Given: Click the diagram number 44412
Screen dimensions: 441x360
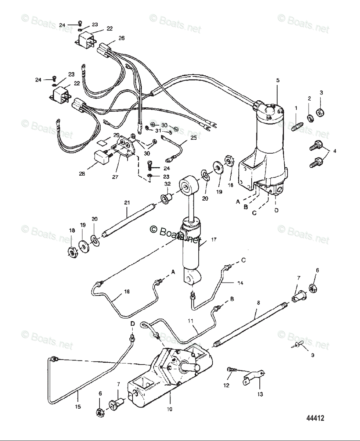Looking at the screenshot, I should pyautogui.click(x=316, y=418).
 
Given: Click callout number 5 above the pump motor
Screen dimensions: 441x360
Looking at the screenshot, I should pyautogui.click(x=278, y=80).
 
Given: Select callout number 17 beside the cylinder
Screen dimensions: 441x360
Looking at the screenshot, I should pyautogui.click(x=213, y=239).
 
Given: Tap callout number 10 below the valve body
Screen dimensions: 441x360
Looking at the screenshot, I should pyautogui.click(x=170, y=409).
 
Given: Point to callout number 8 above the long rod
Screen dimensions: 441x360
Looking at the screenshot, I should pyautogui.click(x=258, y=302).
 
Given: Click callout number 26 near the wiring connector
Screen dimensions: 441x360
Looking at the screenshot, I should pyautogui.click(x=122, y=38).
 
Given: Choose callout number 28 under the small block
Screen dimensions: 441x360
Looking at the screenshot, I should pyautogui.click(x=82, y=173).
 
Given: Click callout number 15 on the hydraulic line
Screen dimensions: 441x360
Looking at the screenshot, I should pyautogui.click(x=78, y=407).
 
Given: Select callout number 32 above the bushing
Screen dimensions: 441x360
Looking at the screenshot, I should pyautogui.click(x=168, y=184).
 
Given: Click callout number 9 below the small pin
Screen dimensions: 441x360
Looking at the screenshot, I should pyautogui.click(x=313, y=355).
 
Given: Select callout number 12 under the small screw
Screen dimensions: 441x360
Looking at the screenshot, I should pyautogui.click(x=226, y=385).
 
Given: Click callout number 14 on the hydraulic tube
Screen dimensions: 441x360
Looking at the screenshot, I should pyautogui.click(x=240, y=283).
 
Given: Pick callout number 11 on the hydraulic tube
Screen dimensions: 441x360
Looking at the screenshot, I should pyautogui.click(x=190, y=320).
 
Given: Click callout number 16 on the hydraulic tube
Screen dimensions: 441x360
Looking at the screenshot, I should pyautogui.click(x=127, y=291).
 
